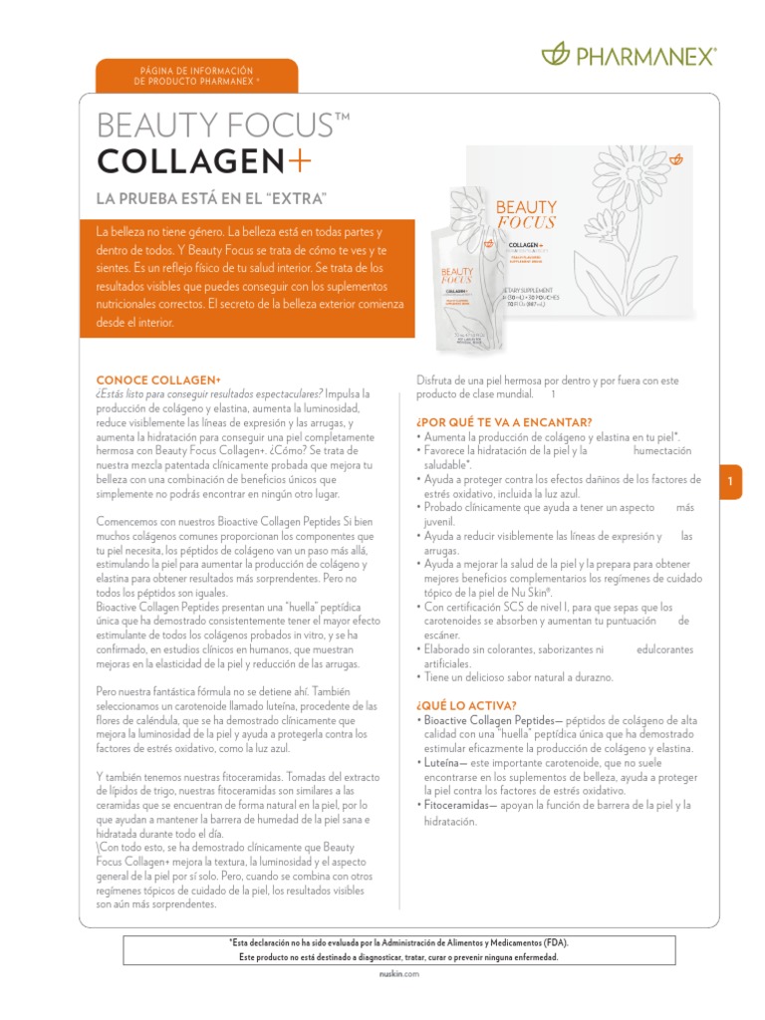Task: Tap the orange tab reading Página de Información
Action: [196, 75]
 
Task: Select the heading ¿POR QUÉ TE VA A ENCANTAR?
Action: [504, 422]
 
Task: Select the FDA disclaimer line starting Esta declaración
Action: [398, 942]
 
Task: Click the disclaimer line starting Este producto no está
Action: [398, 957]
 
